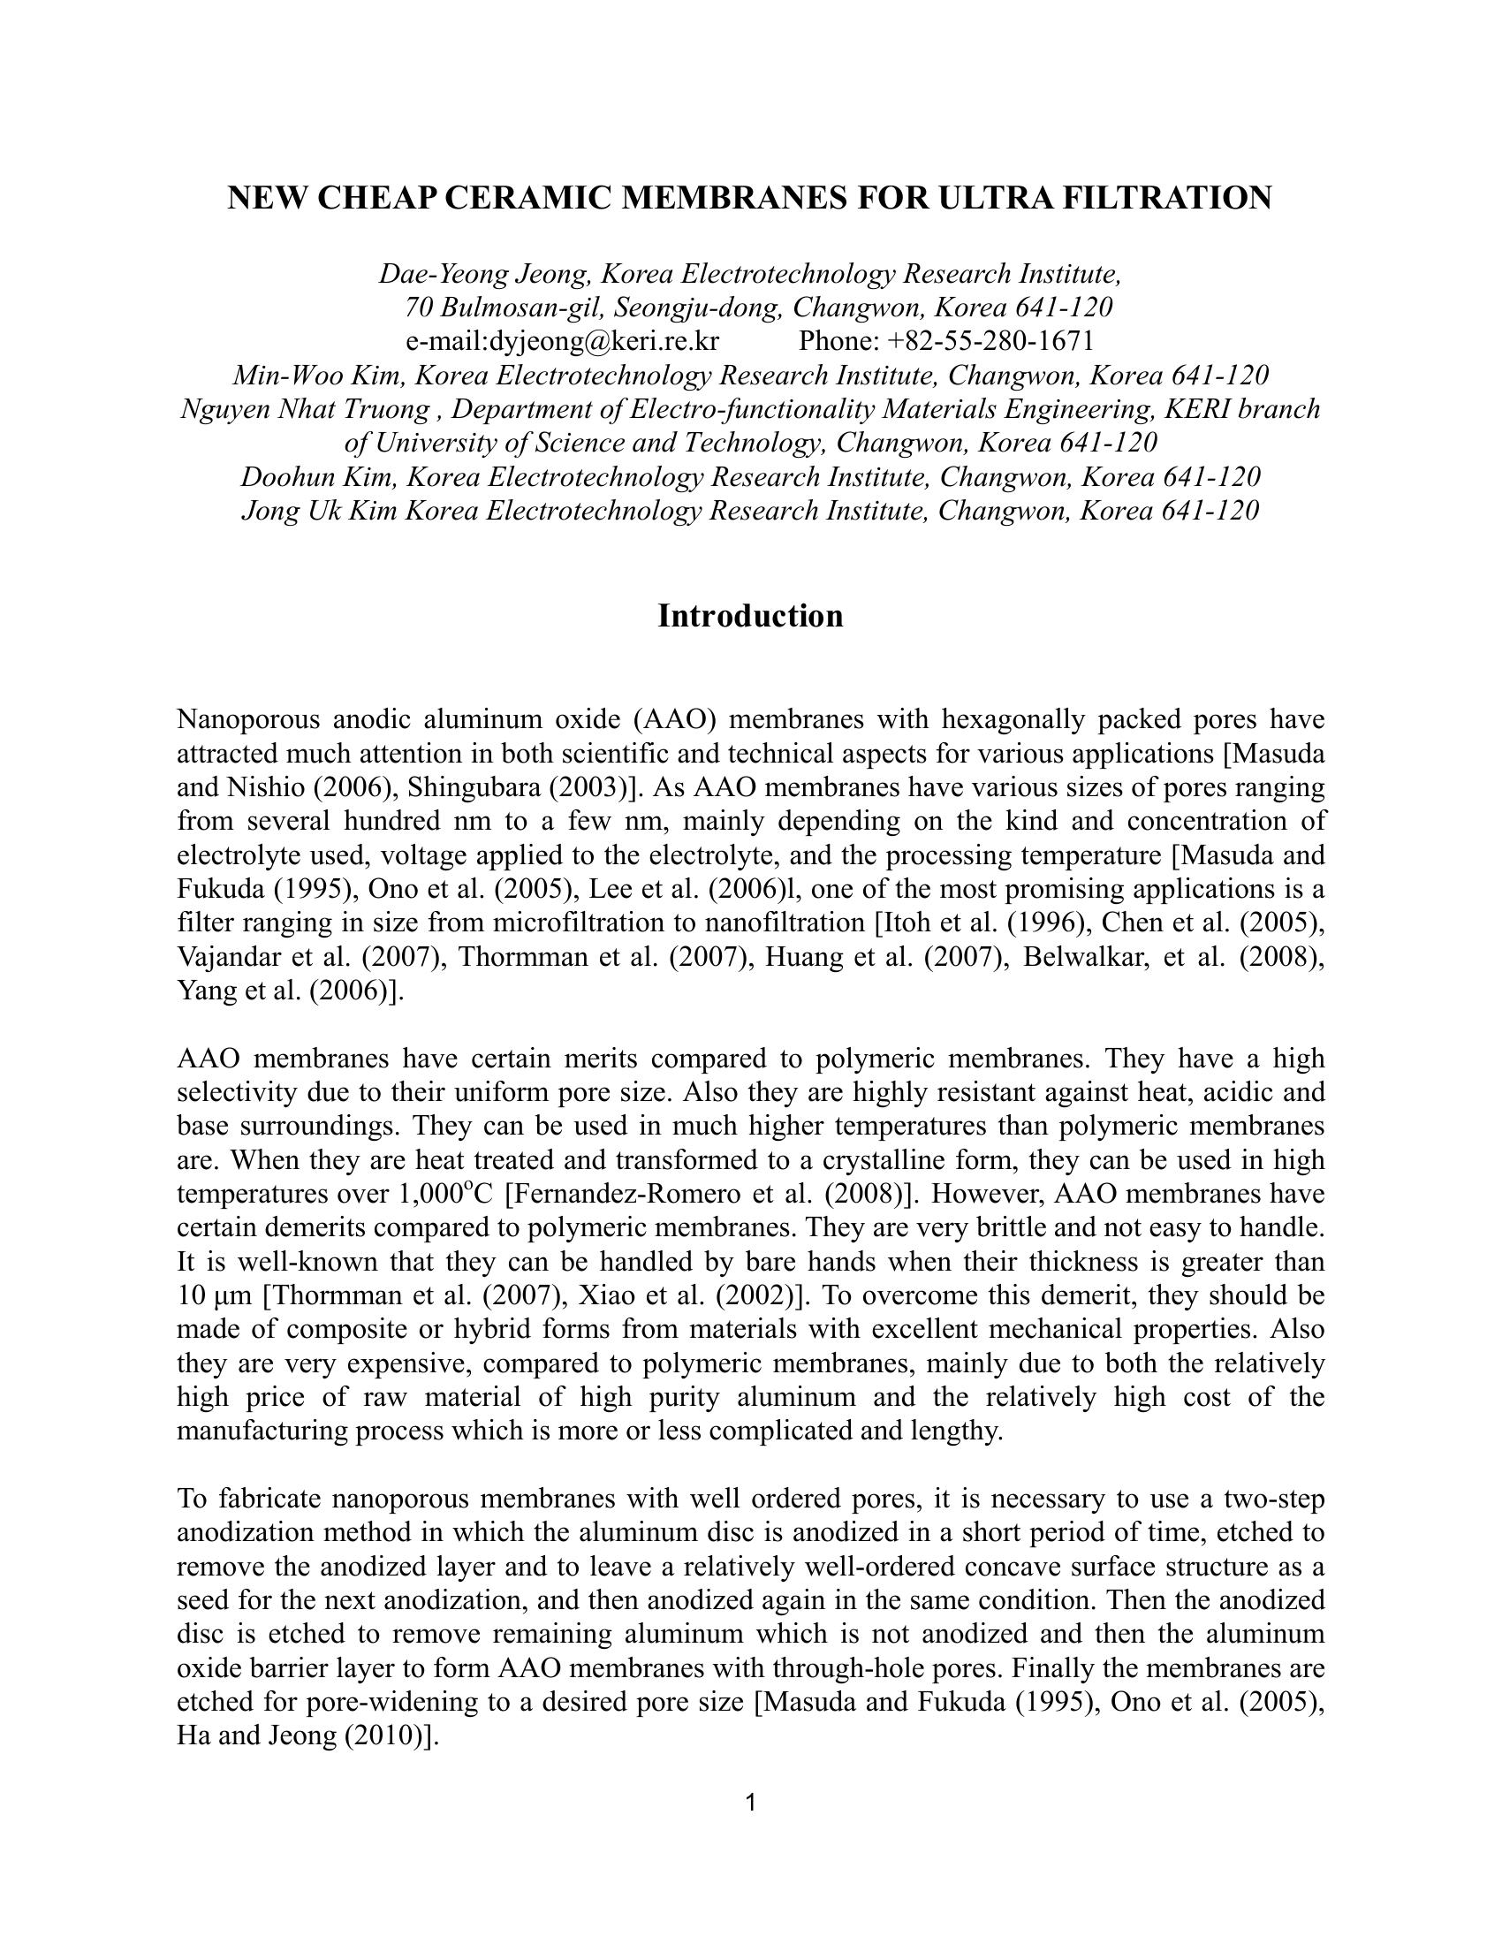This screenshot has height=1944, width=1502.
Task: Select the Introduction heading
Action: tap(750, 616)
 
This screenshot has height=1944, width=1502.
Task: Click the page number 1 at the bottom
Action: tap(750, 1804)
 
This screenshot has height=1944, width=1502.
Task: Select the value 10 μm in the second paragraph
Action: tap(204, 1295)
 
